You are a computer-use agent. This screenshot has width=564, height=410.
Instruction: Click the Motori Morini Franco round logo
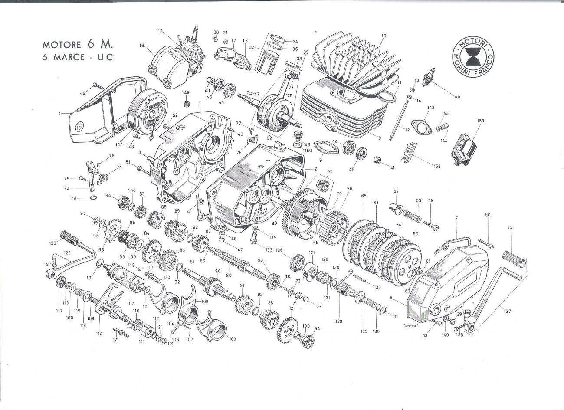coord(473,57)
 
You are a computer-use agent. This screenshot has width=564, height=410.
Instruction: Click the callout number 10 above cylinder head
coord(384,36)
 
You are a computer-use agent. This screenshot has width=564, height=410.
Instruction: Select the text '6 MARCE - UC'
coord(77,58)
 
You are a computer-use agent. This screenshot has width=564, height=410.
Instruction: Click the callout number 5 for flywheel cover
coord(61,114)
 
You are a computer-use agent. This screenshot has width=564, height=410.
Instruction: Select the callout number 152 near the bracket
coord(436,166)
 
